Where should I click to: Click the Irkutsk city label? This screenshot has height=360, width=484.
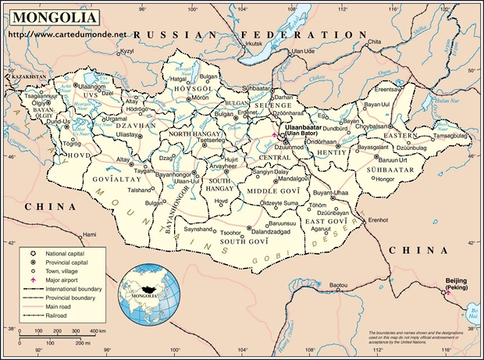pos(255,44)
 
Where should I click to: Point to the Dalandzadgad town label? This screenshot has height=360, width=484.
pos(271,232)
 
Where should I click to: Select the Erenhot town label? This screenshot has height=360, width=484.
pos(379,220)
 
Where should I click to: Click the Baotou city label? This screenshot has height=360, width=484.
pos(339,287)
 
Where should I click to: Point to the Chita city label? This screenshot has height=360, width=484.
pos(374,41)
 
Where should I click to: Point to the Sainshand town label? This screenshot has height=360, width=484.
pos(198,229)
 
